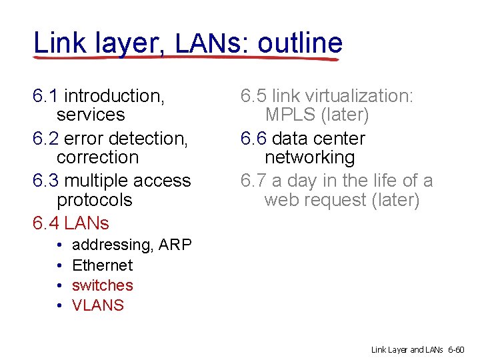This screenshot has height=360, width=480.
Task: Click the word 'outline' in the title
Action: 300,43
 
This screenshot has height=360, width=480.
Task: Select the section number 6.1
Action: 45,96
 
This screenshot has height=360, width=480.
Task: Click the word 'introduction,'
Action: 114,96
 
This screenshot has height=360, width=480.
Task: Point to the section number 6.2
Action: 45,139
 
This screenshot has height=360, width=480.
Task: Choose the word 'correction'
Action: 97,158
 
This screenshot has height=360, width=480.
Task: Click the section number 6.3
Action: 45,181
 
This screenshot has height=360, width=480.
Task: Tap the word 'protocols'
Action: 95,200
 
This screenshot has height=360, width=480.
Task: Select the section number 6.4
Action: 45,223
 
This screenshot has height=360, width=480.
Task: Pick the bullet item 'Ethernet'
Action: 102,265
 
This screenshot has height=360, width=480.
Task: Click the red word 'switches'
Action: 102,285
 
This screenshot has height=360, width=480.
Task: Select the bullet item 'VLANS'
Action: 98,305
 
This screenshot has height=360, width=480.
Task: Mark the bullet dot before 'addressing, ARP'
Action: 59,245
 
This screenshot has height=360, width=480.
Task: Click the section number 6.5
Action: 253,96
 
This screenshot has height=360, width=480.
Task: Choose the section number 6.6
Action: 253,139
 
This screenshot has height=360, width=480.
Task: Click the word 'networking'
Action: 309,158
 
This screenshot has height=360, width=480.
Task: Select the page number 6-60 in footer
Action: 459,349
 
